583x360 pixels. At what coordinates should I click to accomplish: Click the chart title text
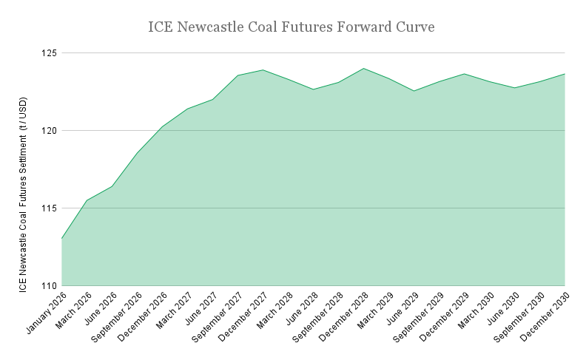[x=291, y=27]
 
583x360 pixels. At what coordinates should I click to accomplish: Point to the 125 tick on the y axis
[x=50, y=53]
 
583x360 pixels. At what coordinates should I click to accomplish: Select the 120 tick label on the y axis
[x=50, y=131]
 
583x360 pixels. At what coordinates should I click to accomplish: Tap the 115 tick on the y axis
[x=50, y=208]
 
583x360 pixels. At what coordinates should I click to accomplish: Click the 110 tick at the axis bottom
[x=50, y=286]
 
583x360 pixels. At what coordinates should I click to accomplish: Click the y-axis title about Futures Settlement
[x=24, y=169]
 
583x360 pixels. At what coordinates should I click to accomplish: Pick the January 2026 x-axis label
[x=45, y=310]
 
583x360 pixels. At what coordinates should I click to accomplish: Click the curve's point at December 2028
[x=363, y=69]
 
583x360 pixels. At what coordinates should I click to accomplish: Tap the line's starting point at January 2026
[x=61, y=239]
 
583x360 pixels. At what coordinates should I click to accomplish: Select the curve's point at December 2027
[x=263, y=70]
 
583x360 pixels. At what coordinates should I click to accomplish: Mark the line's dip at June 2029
[x=414, y=91]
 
